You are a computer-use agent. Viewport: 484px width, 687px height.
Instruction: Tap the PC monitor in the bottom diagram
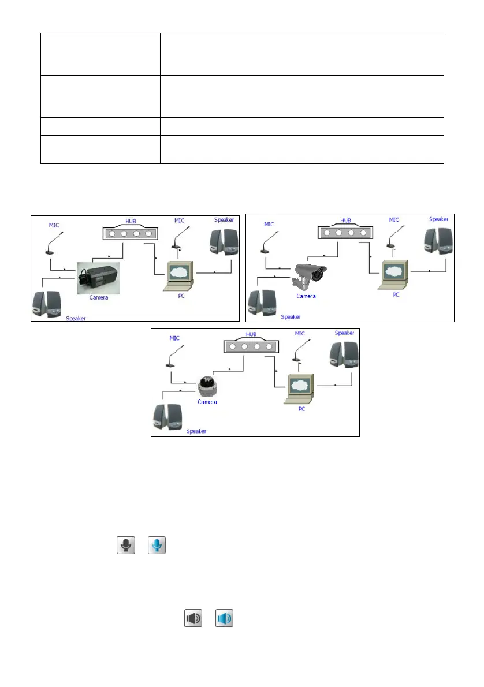click(303, 383)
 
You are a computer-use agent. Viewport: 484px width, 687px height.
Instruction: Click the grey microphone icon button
click(125, 544)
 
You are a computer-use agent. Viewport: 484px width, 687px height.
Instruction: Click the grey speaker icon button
click(193, 618)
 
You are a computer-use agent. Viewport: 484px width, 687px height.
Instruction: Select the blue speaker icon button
click(225, 618)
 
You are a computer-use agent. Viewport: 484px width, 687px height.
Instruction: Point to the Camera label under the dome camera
click(207, 402)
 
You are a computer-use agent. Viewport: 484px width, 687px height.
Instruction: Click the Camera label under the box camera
click(99, 298)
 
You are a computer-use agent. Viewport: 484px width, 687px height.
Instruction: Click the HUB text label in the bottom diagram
click(250, 334)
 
